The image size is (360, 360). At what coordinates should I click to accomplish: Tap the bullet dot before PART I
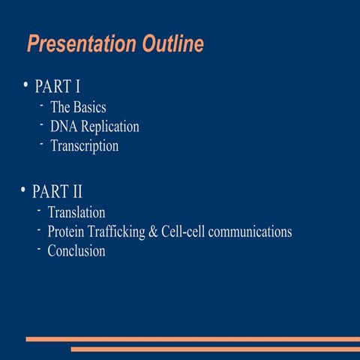pyautogui.click(x=25, y=84)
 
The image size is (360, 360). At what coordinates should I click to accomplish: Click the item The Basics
pyautogui.click(x=78, y=107)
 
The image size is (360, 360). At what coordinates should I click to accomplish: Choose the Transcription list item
pyautogui.click(x=84, y=146)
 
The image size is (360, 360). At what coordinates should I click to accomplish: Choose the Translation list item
pyautogui.click(x=76, y=213)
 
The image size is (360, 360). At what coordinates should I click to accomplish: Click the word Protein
pyautogui.click(x=67, y=232)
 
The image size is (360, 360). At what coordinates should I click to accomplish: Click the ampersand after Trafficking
pyautogui.click(x=153, y=232)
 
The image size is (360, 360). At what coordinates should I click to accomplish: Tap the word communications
pyautogui.click(x=250, y=232)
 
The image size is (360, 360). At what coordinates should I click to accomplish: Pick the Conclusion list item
pyautogui.click(x=76, y=251)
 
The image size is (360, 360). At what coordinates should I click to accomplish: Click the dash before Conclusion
pyautogui.click(x=38, y=248)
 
